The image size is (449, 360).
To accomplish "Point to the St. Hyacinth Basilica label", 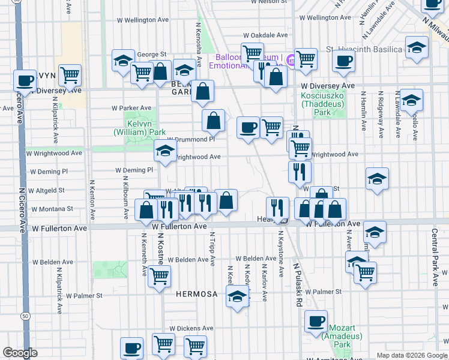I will click(361, 49).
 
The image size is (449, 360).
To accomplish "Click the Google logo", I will click(20, 353).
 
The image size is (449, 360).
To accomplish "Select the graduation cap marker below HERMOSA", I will click(238, 296).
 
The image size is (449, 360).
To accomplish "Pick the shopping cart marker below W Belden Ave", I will click(159, 276).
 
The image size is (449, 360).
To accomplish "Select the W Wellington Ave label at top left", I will click(142, 20).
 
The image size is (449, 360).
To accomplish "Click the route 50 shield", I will click(25, 315).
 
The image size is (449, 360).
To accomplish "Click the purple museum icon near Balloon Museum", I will click(289, 59).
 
